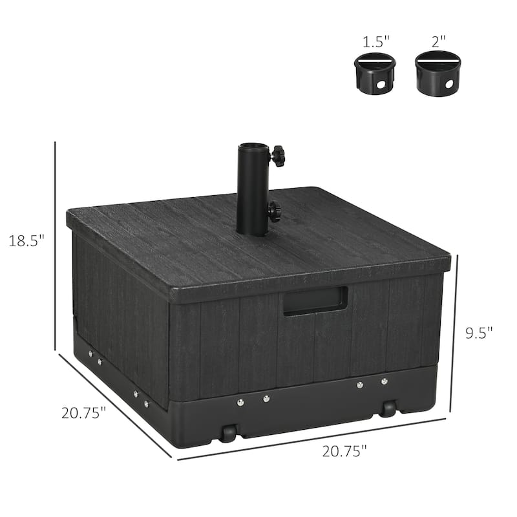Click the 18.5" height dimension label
pyautogui.click(x=26, y=240)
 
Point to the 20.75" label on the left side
pyautogui.click(x=83, y=412)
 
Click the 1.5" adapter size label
pyautogui.click(x=377, y=42)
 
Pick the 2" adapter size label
pyautogui.click(x=439, y=42)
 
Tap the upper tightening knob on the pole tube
pyautogui.click(x=277, y=155)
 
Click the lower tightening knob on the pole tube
pyautogui.click(x=275, y=211)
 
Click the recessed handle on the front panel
pyautogui.click(x=315, y=301)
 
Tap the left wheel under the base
pyautogui.click(x=227, y=433)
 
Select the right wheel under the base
pyautogui.click(x=388, y=408)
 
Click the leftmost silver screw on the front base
pyautogui.click(x=240, y=402)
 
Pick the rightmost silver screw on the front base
pyautogui.click(x=385, y=381)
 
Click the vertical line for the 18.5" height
pyautogui.click(x=56, y=246)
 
